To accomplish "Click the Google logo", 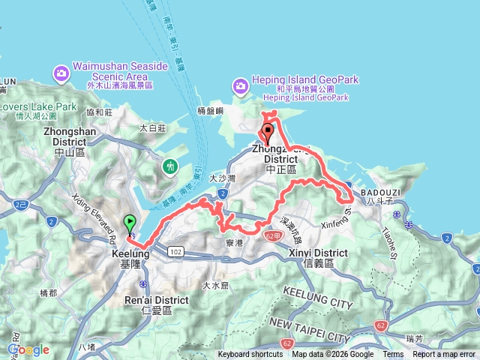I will tap(28, 349).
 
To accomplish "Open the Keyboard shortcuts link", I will tap(250, 355).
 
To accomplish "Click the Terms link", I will tap(393, 355).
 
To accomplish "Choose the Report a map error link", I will tap(444, 355).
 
